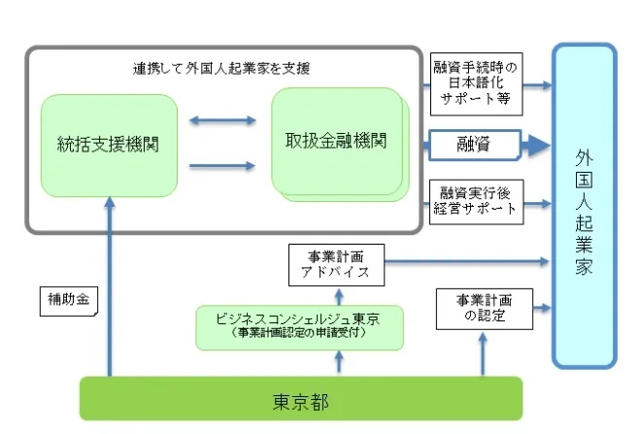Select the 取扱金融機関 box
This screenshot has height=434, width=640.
336,141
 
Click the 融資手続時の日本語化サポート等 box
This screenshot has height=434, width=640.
476,83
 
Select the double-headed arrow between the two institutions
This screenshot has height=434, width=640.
223,120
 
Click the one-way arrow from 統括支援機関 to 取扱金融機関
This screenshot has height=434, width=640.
223,166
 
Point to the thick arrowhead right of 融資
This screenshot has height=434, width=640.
536,146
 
